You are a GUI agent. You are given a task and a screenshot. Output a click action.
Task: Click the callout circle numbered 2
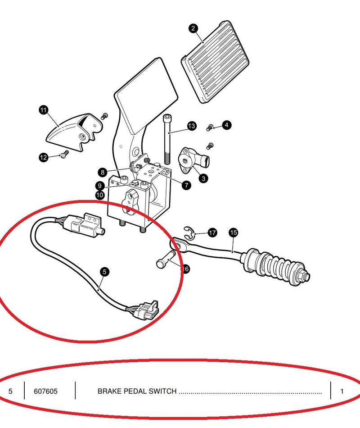(193, 28)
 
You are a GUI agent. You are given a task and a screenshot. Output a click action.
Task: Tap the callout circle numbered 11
(43, 109)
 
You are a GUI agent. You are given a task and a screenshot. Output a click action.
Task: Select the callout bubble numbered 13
(192, 126)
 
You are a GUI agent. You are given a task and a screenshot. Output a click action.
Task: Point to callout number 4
(226, 125)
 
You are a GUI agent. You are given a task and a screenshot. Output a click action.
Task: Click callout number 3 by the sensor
(204, 179)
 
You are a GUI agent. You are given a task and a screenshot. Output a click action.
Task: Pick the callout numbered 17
(212, 232)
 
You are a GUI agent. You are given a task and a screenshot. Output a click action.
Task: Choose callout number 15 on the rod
(233, 232)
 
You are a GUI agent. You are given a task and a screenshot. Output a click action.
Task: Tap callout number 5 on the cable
(104, 272)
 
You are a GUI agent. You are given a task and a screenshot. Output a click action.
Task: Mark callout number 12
(43, 157)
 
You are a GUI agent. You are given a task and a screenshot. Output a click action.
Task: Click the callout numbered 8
(103, 172)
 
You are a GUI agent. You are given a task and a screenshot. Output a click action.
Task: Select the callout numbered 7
(186, 185)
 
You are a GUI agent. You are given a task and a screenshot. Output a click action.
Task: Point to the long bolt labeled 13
(167, 140)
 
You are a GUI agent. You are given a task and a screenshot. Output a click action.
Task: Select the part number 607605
(45, 391)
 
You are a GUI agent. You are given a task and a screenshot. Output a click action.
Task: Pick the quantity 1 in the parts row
(342, 391)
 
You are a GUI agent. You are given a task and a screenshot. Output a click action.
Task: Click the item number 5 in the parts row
(10, 391)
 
